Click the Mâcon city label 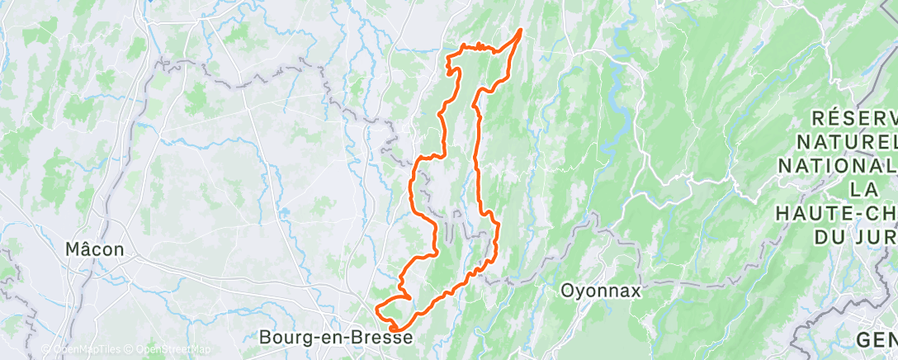click(x=95, y=248)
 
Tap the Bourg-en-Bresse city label click(x=335, y=337)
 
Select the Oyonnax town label click(x=600, y=291)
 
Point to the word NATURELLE click(x=850, y=143)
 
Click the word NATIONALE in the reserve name click(x=838, y=167)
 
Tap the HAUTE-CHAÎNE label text click(x=835, y=214)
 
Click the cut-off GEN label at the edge click(x=877, y=339)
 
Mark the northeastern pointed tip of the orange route click(x=521, y=31)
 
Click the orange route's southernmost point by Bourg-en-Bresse click(x=396, y=330)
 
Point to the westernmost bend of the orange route click(x=377, y=310)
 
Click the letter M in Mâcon click(x=74, y=248)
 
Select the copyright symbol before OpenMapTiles click(x=46, y=350)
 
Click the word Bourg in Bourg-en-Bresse click(x=281, y=337)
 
